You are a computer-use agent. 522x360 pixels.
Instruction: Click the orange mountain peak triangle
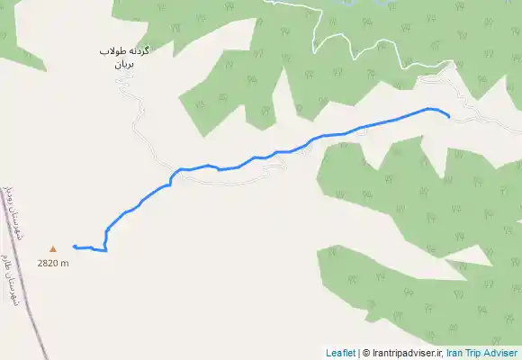(52, 248)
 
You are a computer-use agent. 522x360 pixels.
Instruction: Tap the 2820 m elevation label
(53, 263)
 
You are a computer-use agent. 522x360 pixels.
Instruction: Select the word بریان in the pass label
(122, 66)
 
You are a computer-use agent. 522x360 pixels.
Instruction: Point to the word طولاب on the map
(112, 52)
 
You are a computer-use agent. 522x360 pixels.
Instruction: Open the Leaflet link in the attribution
(340, 353)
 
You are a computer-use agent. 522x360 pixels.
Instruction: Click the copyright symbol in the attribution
(366, 353)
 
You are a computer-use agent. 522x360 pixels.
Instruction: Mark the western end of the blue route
(73, 246)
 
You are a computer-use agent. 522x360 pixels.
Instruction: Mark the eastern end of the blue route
(448, 115)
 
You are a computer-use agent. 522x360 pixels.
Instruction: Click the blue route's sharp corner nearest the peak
(106, 250)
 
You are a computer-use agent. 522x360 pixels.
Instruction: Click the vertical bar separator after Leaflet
(358, 353)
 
